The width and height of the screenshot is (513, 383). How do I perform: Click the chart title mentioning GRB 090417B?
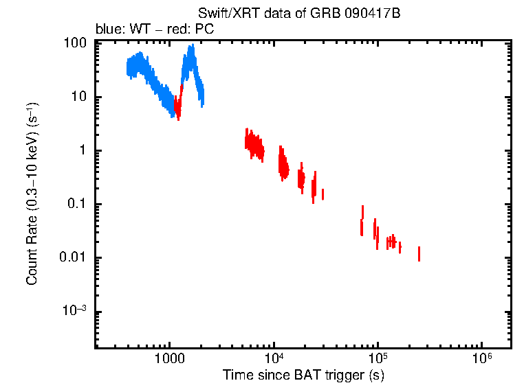click(x=298, y=13)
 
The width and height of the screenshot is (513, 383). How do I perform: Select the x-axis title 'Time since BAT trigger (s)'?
click(x=303, y=375)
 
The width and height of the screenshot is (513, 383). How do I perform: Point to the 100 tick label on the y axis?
click(x=75, y=43)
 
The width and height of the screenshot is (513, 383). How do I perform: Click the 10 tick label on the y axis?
click(x=78, y=97)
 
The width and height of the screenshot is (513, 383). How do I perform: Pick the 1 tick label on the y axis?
click(x=82, y=150)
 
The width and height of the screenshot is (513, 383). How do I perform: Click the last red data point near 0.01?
click(x=419, y=254)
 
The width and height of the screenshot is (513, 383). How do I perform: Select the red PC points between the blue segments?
click(x=178, y=106)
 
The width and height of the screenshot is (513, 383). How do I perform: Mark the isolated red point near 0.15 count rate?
click(x=323, y=194)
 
